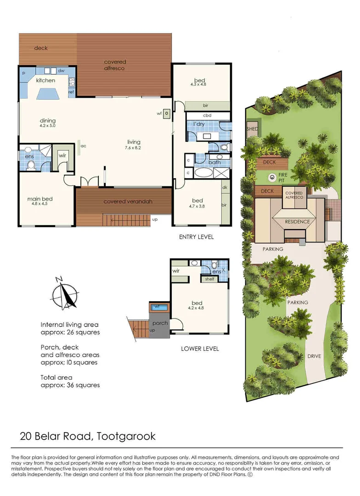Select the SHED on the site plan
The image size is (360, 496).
(x=252, y=129)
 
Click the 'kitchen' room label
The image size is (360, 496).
(x=46, y=80)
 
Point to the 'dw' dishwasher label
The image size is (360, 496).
(x=61, y=71)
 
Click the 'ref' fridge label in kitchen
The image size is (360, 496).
(x=71, y=92)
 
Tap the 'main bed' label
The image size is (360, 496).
(x=40, y=199)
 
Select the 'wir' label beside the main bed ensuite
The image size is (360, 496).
(x=62, y=156)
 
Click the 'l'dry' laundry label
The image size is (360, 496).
(x=198, y=124)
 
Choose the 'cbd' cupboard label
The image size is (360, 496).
(x=207, y=115)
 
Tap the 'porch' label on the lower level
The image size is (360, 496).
(x=160, y=323)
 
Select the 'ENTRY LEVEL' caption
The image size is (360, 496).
(x=197, y=237)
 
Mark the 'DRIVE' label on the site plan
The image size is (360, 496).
(x=314, y=356)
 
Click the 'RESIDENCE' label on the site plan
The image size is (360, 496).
(x=298, y=221)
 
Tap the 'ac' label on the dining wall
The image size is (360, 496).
(x=84, y=146)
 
